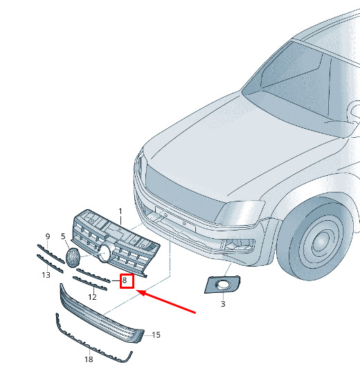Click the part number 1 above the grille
pyautogui.click(x=120, y=211)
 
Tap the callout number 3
pyautogui.click(x=223, y=304)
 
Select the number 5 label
pyautogui.click(x=63, y=236)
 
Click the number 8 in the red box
pyautogui.click(x=125, y=280)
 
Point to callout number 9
pyautogui.click(x=48, y=236)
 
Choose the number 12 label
pyautogui.click(x=92, y=297)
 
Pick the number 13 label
pyautogui.click(x=46, y=275)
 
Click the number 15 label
pyautogui.click(x=156, y=334)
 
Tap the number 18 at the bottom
pyautogui.click(x=89, y=359)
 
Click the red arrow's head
pyautogui.click(x=141, y=293)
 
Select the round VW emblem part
pyautogui.click(x=73, y=258)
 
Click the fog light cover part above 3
pyautogui.click(x=222, y=285)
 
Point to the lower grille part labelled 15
pyautogui.click(x=100, y=316)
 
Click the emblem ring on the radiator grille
pyautogui.click(x=106, y=252)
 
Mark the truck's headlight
pyautogui.click(x=241, y=213)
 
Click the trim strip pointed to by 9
pyautogui.click(x=51, y=254)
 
